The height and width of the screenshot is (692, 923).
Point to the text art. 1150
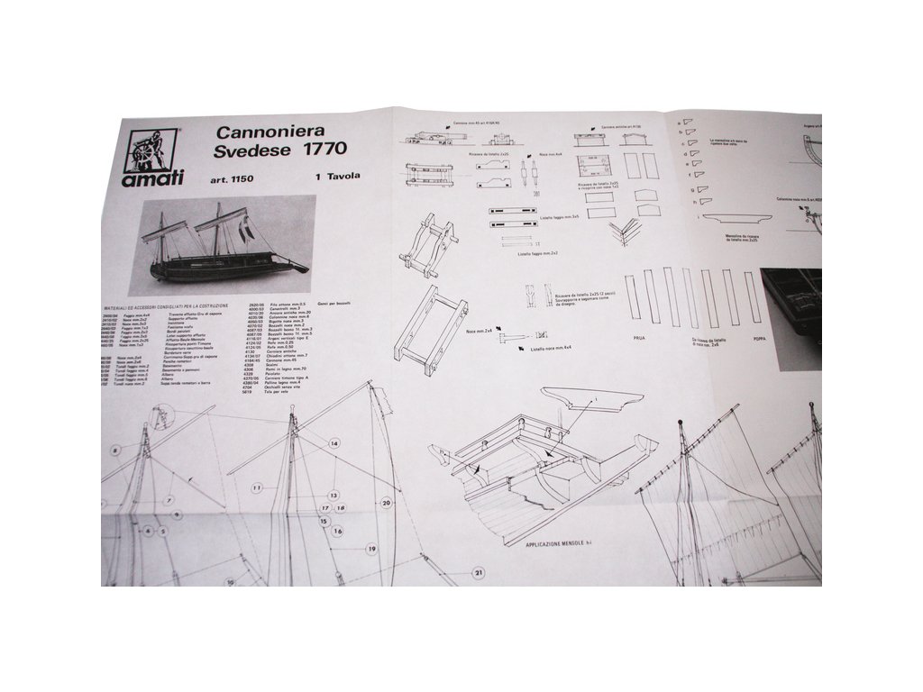234,178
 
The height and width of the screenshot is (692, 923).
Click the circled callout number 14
334,443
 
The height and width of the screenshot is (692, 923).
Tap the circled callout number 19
370,548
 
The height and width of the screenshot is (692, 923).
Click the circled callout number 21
478,572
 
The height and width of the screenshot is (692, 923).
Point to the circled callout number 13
333,496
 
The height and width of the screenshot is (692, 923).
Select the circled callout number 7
169,499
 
